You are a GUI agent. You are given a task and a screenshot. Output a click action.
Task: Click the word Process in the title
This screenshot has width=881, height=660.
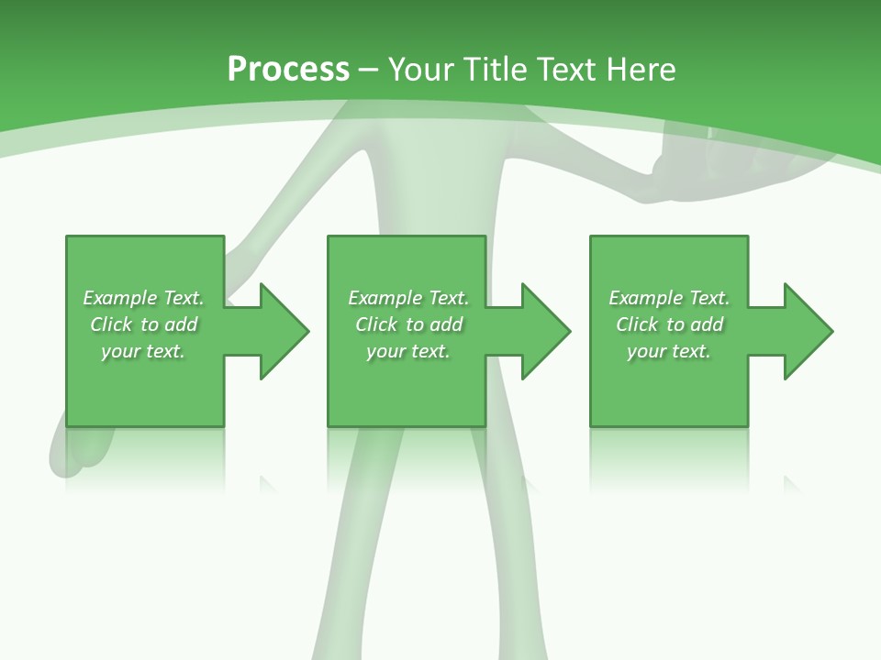tap(288, 69)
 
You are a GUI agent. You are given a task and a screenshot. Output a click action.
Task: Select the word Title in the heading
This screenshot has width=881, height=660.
tap(493, 69)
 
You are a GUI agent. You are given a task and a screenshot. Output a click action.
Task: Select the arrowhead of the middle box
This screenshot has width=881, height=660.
tap(545, 331)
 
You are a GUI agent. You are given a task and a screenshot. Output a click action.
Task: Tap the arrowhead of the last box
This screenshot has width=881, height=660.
tap(807, 331)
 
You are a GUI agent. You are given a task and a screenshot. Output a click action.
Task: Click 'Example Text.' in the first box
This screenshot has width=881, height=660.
tap(143, 298)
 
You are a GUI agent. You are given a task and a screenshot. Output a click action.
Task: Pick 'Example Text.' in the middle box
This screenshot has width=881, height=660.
tap(408, 298)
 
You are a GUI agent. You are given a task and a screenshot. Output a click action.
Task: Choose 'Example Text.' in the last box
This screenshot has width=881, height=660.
tap(669, 298)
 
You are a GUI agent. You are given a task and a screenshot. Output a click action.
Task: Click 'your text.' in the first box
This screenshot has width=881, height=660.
tap(143, 351)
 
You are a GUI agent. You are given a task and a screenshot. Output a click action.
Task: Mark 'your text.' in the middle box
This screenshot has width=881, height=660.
tap(408, 351)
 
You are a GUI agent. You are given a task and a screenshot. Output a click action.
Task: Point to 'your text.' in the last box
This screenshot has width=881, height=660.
tap(669, 351)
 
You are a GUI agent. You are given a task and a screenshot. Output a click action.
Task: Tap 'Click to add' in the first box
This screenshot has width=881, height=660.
tap(143, 324)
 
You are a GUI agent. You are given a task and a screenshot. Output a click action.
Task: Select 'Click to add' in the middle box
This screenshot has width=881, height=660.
tap(408, 324)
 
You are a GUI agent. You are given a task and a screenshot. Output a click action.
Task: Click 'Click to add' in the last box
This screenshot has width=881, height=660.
tap(669, 324)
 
